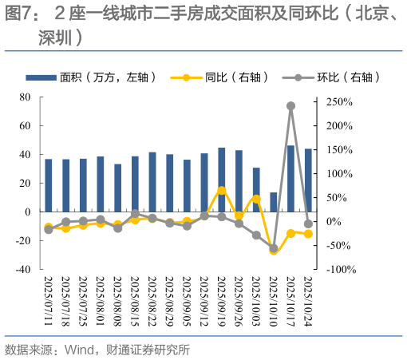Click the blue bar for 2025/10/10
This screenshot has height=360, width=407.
(x=274, y=202)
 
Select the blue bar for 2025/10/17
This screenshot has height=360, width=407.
(x=290, y=178)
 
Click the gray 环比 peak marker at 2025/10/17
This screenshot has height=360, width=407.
(x=290, y=105)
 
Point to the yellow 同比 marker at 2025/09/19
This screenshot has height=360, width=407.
(x=221, y=191)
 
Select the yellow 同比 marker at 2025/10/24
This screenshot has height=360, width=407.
(x=308, y=234)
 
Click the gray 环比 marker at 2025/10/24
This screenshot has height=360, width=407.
(x=308, y=224)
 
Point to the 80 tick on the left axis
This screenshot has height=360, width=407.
(x=25, y=97)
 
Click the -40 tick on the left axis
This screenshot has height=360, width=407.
(x=22, y=270)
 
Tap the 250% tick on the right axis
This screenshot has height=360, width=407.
(x=338, y=101)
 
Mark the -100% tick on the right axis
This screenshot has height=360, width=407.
(x=340, y=270)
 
